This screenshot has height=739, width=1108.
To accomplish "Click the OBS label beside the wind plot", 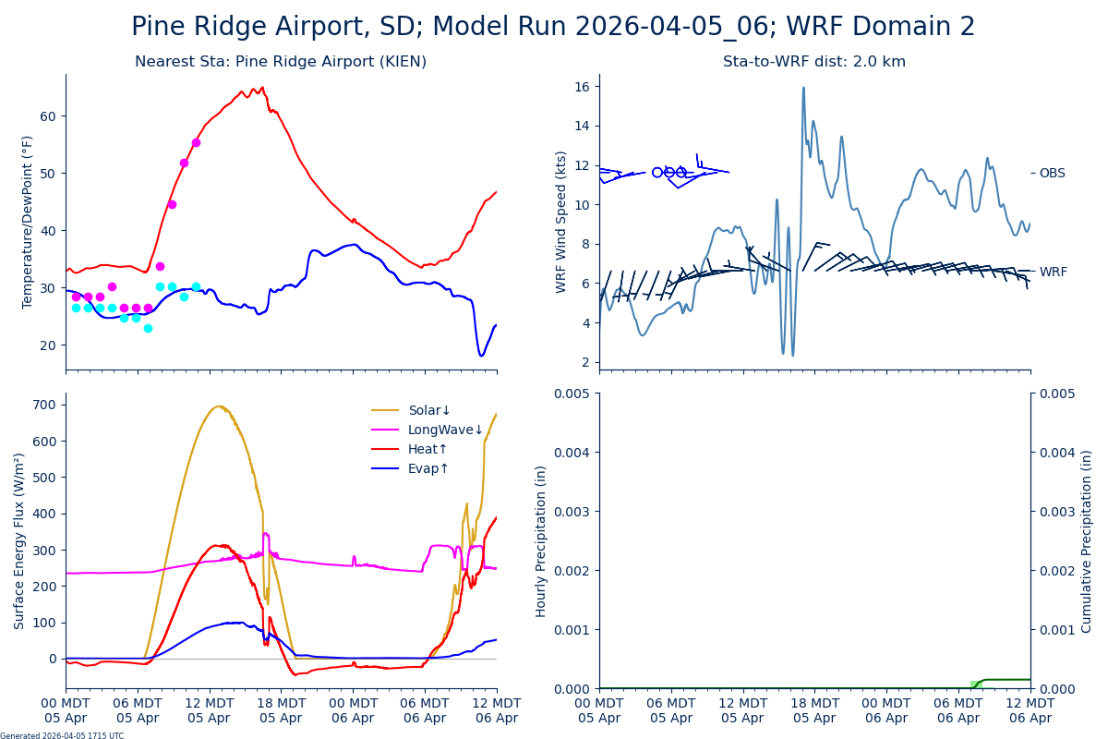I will (1052, 174).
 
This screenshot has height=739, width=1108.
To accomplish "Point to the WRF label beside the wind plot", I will (1053, 273).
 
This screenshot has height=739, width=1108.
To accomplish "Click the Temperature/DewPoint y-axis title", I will (28, 222).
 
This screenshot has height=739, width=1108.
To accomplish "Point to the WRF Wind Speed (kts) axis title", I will (561, 222).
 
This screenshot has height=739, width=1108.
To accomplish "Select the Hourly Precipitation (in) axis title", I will (542, 540).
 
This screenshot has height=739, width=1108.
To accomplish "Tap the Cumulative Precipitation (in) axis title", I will (1087, 540).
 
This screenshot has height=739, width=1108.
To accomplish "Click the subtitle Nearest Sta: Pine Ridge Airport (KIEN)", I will (281, 62).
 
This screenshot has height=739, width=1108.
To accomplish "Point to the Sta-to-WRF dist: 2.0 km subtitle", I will (814, 62).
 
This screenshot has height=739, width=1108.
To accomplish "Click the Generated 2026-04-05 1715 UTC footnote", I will (62, 736).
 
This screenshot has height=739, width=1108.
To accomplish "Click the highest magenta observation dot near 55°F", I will (196, 142).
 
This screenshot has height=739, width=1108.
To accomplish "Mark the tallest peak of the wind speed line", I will (803, 88).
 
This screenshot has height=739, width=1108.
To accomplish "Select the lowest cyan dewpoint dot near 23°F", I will (148, 328).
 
